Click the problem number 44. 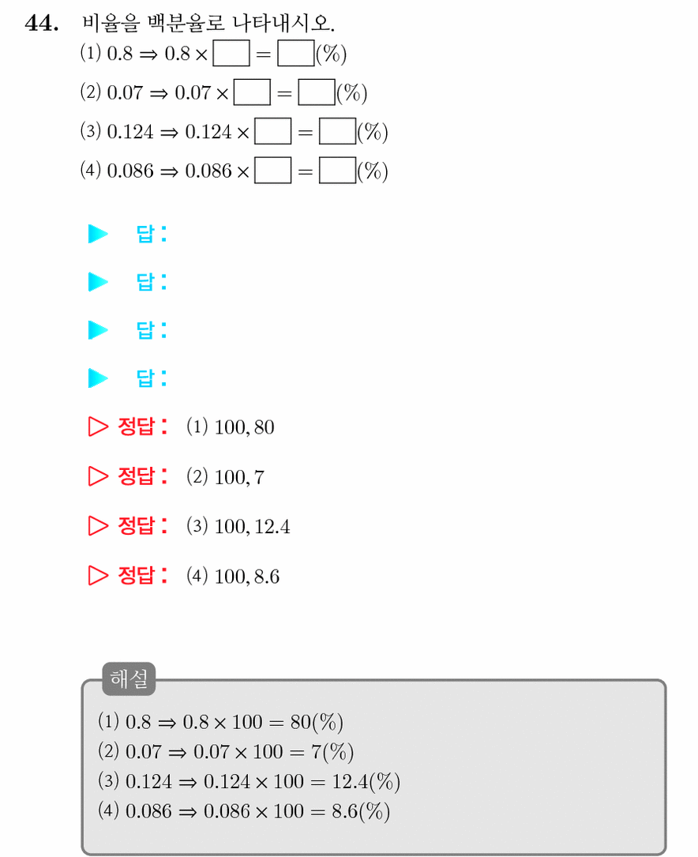(42, 24)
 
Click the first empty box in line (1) (231, 53)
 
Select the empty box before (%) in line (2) (317, 92)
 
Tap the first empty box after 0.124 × (273, 131)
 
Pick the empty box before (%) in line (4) (337, 171)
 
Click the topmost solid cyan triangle (98, 234)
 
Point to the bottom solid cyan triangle (98, 378)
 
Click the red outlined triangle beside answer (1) (98, 427)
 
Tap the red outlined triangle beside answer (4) (98, 575)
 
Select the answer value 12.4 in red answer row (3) (272, 526)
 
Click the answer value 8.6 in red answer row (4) (267, 576)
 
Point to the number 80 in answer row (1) (264, 427)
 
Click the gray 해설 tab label (129, 678)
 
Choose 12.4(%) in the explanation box (366, 782)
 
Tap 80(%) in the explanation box (317, 722)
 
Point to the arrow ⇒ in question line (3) (169, 133)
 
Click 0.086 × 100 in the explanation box (253, 812)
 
